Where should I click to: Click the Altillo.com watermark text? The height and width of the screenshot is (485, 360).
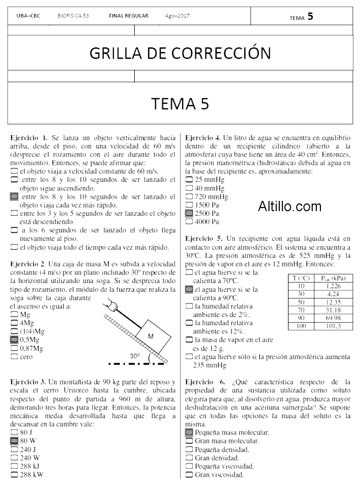coord(290,207)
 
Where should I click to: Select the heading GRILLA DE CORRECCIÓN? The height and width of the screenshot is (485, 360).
coord(180,53)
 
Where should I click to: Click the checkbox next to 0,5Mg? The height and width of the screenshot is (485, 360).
coord(14,340)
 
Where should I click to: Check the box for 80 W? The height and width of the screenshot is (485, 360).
coord(14,441)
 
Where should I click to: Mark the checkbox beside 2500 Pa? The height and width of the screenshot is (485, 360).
coord(189,213)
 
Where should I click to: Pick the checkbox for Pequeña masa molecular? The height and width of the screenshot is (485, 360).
coord(189,433)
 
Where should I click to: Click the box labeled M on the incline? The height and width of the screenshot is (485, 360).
coord(151,335)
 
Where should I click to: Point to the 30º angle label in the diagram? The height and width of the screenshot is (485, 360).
coord(135,356)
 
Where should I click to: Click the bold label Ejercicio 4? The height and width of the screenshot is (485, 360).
coord(203,138)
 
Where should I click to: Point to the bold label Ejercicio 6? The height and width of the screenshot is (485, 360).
coord(203,382)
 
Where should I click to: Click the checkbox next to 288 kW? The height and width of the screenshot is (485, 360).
coord(14,474)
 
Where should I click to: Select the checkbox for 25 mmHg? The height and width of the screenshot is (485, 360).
coord(189,180)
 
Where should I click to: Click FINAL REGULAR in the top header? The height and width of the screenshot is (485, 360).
coord(129,16)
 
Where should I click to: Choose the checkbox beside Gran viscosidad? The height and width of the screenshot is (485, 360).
coord(189,475)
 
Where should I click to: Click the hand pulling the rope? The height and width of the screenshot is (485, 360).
coord(111,305)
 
